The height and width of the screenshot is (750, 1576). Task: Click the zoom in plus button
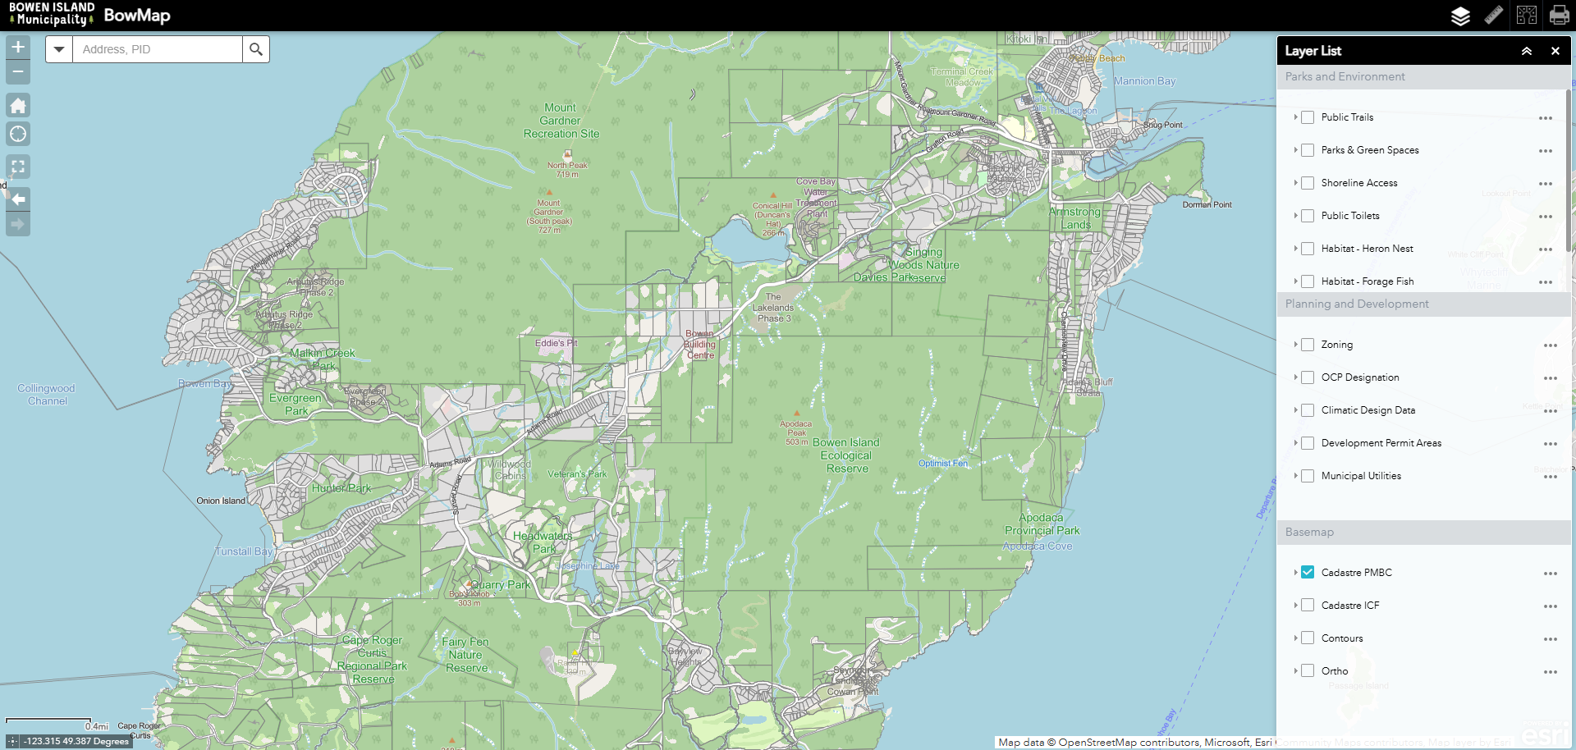[x=18, y=47]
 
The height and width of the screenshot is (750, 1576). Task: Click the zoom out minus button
[x=18, y=72]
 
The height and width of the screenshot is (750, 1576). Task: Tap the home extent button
[x=18, y=105]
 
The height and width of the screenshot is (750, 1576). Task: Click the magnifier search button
[x=256, y=49]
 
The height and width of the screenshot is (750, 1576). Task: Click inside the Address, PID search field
[x=156, y=49]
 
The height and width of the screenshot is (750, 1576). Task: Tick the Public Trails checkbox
[x=1308, y=117]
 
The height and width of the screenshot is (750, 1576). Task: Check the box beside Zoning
[x=1308, y=345]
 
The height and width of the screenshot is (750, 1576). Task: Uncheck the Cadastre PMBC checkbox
[x=1308, y=572]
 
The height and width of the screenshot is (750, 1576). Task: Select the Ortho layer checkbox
[x=1308, y=670]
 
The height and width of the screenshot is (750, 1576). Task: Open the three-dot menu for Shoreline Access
[x=1546, y=184]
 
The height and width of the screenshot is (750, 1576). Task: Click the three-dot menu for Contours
[x=1550, y=639]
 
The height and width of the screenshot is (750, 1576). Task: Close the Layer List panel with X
[x=1555, y=51]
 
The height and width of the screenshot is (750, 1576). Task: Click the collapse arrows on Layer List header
[x=1527, y=51]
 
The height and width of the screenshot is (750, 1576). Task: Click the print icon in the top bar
[x=1559, y=16]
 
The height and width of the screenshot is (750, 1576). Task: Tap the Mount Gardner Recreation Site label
[x=561, y=121]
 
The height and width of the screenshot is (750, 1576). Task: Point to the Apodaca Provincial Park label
[x=1042, y=524]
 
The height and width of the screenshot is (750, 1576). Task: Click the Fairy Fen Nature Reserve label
[x=465, y=655]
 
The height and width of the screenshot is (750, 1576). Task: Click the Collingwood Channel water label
[x=47, y=395]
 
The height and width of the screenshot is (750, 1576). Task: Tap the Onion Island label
[x=221, y=501]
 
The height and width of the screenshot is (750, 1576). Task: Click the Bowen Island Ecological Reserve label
[x=846, y=455]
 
